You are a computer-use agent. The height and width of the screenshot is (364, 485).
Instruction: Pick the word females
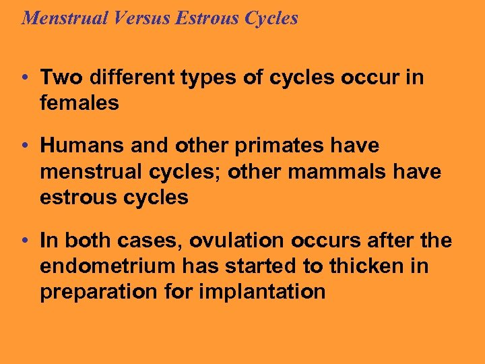point(79,103)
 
